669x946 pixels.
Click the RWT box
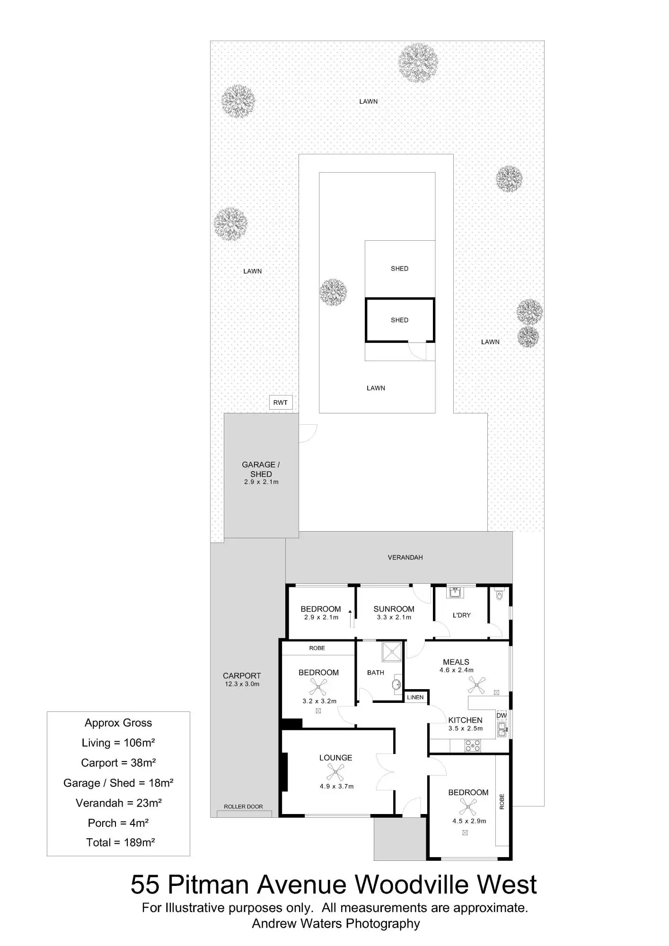click(x=281, y=403)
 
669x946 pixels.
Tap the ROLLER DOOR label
click(x=243, y=806)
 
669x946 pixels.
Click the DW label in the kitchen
click(x=502, y=716)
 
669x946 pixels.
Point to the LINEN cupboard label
click(x=415, y=697)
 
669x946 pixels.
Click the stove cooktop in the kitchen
click(x=473, y=746)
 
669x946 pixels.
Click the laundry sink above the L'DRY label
click(x=456, y=592)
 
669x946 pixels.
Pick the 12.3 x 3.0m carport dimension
click(x=242, y=684)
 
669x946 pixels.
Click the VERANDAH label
click(x=405, y=557)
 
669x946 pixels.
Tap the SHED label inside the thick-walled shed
click(x=399, y=320)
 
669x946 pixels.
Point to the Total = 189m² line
click(x=120, y=842)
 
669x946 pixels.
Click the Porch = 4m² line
click(x=118, y=823)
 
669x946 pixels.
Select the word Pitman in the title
click(x=210, y=885)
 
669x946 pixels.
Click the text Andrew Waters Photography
click(x=335, y=923)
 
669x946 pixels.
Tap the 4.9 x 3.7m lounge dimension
click(x=336, y=786)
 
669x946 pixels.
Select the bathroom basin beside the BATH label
click(x=396, y=684)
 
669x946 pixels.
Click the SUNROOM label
click(x=394, y=609)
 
